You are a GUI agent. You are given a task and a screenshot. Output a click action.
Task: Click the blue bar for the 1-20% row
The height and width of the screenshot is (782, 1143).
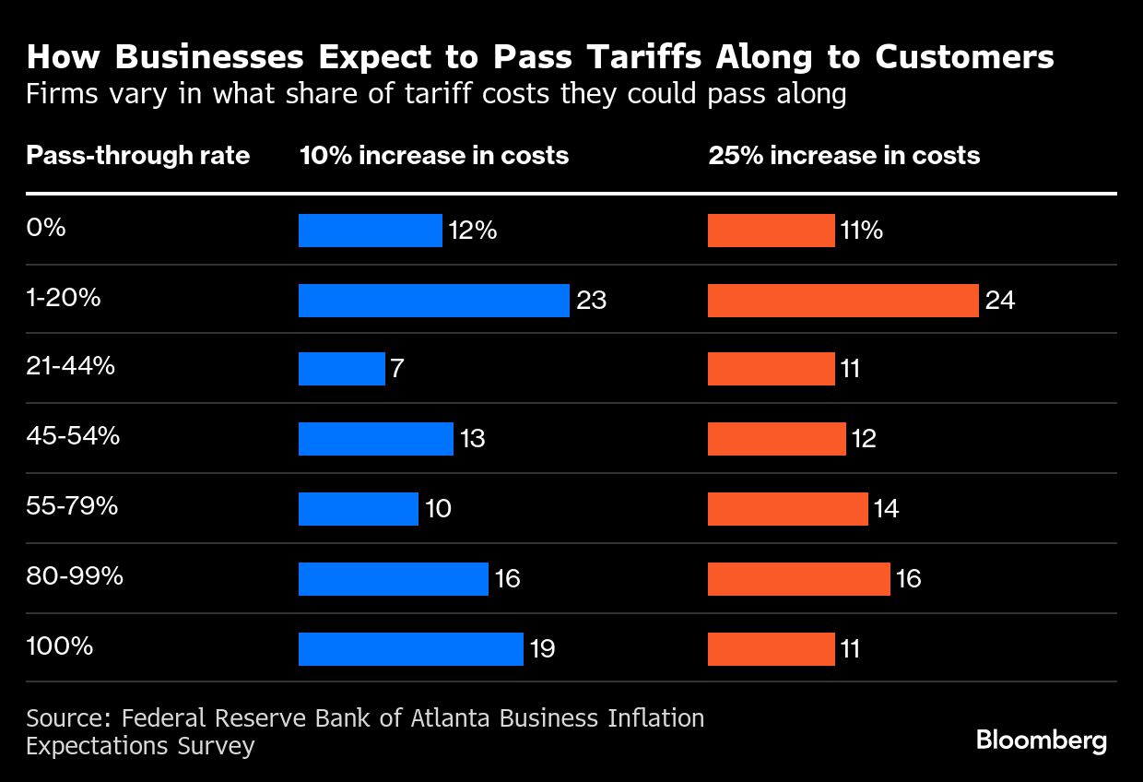(433, 301)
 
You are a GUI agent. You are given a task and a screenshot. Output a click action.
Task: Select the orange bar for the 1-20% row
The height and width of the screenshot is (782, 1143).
(843, 301)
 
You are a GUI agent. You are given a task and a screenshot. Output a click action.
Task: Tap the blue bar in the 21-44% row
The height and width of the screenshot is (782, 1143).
(341, 370)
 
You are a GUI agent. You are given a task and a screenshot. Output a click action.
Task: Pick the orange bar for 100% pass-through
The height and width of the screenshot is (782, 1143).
(771, 649)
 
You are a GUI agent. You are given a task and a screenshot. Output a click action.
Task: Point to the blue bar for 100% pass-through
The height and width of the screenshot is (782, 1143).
(410, 649)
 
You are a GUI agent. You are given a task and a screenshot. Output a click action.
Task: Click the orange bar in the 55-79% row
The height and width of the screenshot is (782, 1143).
(787, 509)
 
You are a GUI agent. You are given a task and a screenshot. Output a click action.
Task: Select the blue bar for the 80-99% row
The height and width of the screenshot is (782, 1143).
(393, 579)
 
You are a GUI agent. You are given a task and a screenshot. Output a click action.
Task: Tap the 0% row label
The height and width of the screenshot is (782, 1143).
(46, 227)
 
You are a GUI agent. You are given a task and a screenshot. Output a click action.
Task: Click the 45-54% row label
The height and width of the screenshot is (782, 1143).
(73, 435)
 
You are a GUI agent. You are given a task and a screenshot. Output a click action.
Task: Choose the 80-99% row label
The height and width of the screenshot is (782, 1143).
(75, 576)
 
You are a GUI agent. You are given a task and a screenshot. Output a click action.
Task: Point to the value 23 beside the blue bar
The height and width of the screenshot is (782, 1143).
(592, 301)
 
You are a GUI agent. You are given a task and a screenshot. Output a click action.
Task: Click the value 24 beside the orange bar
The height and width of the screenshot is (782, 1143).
(1000, 301)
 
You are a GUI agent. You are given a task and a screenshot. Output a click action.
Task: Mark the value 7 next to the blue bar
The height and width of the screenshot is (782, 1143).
(397, 370)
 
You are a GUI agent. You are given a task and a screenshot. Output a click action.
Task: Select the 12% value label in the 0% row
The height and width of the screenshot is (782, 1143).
(473, 231)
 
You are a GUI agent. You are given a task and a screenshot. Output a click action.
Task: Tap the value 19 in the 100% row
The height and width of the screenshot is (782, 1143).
(542, 649)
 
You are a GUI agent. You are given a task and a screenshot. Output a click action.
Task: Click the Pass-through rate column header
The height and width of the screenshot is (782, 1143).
(138, 155)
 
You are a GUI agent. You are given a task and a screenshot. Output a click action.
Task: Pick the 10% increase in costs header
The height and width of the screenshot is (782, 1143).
(434, 155)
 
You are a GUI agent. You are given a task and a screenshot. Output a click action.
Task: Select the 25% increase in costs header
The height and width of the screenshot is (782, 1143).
(843, 155)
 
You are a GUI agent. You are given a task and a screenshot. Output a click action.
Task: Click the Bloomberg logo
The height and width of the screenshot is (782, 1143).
(1042, 741)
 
